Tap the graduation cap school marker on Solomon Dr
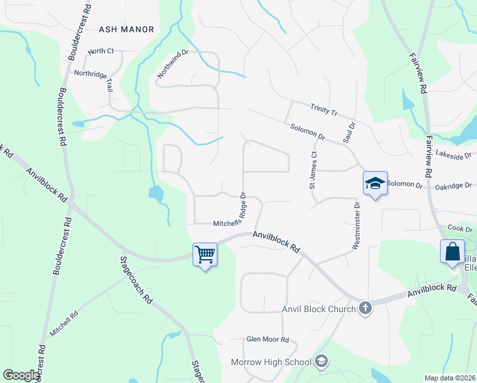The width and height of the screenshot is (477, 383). point(375,183)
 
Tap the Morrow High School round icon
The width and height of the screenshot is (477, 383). point(321,362)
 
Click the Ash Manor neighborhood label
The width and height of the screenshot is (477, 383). point(127,29)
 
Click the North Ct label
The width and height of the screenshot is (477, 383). point(101,51)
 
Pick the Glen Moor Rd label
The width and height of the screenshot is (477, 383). point(268,340)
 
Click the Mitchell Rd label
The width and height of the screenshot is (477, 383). point(64,323)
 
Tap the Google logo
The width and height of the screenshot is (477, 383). point(21,375)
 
